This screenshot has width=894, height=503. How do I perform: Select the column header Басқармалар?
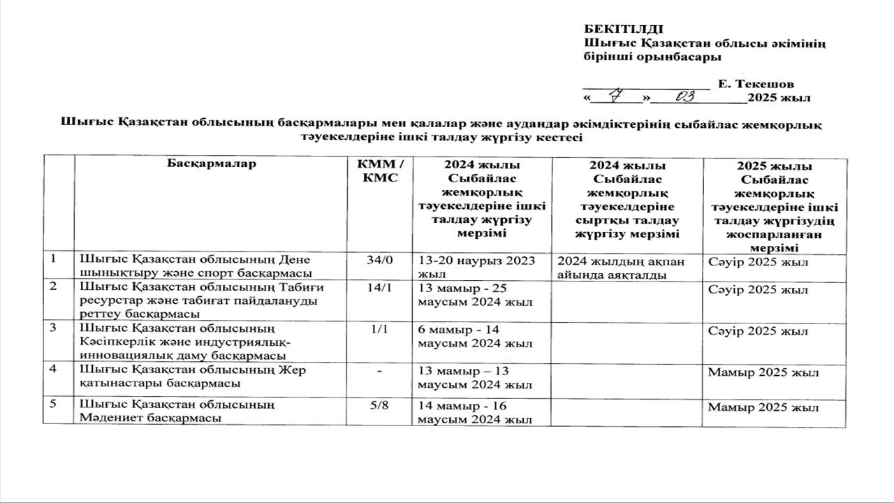coord(212,164)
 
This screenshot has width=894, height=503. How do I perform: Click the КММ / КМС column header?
coord(380,170)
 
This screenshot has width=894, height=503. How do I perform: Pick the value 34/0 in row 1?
coord(380,260)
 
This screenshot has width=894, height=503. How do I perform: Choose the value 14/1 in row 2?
coord(380,288)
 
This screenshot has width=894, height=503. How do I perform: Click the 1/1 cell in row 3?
coord(380,328)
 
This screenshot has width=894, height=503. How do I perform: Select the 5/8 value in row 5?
coord(380,405)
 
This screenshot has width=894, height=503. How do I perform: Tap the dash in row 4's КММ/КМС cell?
coord(379,371)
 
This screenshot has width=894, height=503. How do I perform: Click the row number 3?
coord(54,328)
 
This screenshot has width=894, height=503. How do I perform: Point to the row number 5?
coord(54,404)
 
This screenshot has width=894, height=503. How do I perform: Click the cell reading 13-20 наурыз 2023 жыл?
coord(476,267)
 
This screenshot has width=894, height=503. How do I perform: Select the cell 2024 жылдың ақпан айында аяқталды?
coord(621,268)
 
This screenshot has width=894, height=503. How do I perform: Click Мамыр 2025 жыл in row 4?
coord(763,372)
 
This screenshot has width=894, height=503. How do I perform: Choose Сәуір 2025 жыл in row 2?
coord(758,289)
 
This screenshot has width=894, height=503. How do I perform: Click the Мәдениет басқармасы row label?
coord(176,411)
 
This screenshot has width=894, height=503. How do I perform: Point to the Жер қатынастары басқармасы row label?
coord(193,377)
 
